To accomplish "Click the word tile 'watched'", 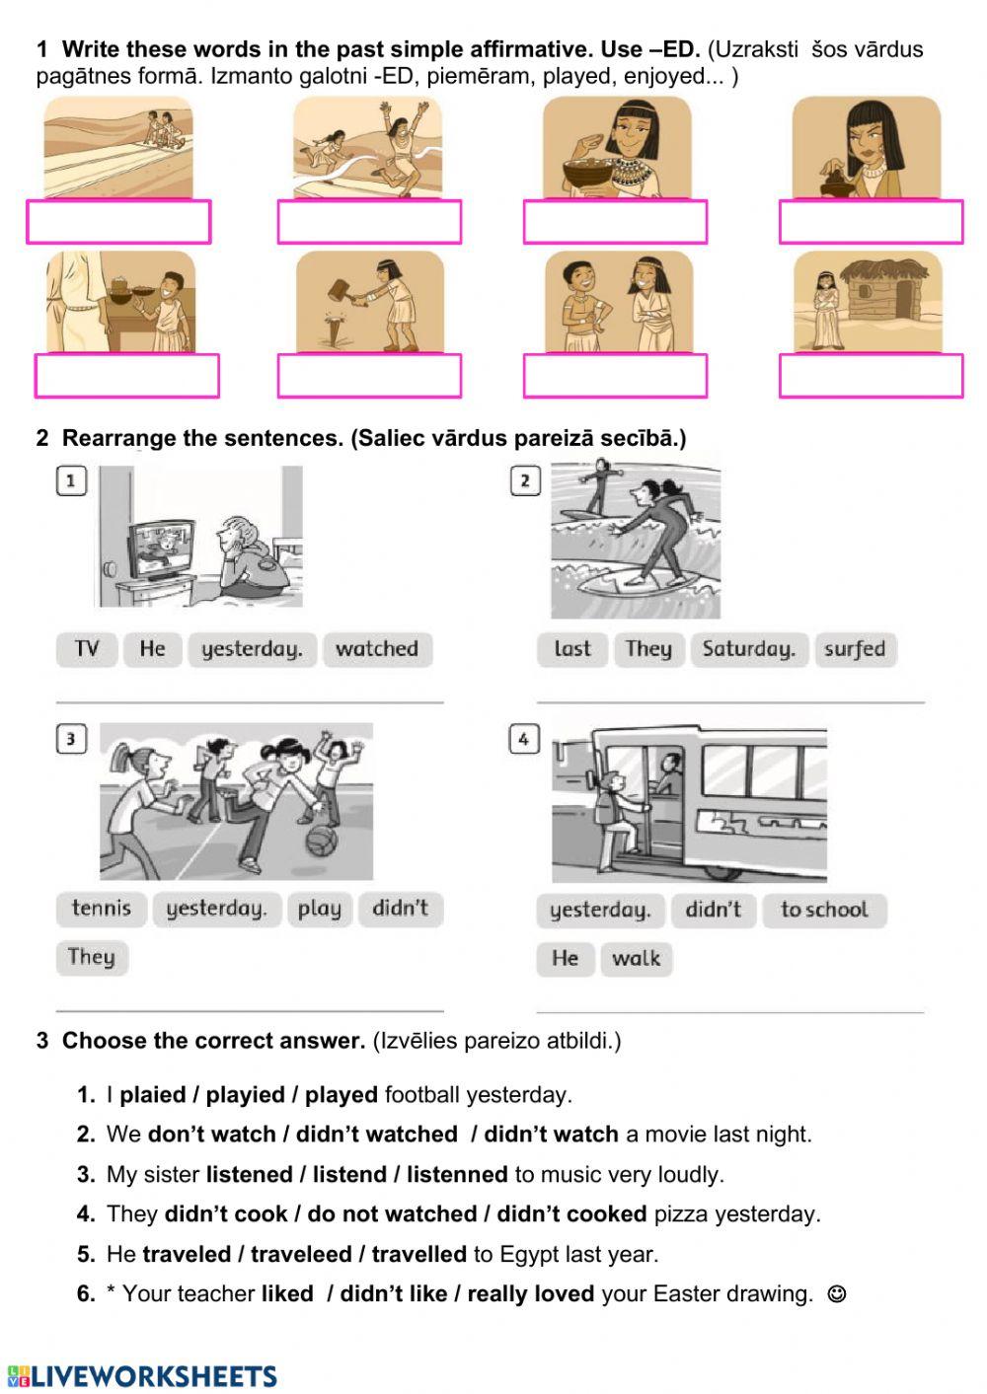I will click(x=377, y=649).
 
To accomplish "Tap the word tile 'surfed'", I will click(x=855, y=649).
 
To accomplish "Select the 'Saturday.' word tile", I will click(x=749, y=649).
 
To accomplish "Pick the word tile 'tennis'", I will click(x=101, y=909).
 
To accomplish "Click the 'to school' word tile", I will click(x=824, y=910).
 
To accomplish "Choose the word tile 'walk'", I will click(x=636, y=958).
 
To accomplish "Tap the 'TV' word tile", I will click(x=87, y=649).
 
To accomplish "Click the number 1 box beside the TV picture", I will click(x=71, y=481).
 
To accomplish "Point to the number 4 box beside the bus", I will click(x=523, y=738).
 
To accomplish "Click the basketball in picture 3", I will click(x=322, y=842).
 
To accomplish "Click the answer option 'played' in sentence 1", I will click(x=341, y=1095).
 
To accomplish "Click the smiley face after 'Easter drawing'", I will click(x=836, y=1294).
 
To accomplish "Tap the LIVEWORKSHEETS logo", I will click(x=142, y=1376).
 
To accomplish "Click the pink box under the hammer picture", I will click(x=369, y=376).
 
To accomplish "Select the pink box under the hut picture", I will click(x=871, y=376).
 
